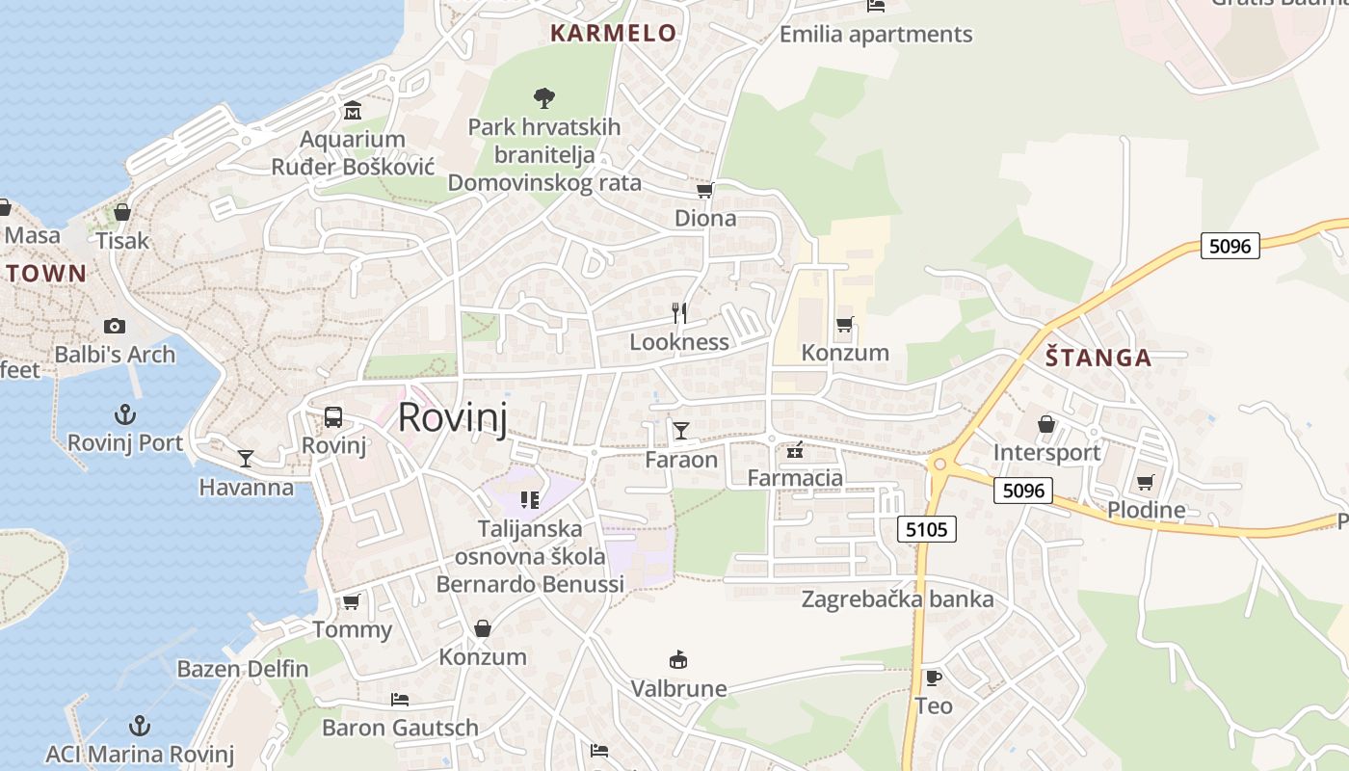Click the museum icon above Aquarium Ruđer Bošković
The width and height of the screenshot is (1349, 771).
pos(353,110)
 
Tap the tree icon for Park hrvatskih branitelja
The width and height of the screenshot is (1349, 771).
pos(543,96)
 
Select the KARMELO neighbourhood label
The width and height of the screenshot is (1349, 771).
pos(613,33)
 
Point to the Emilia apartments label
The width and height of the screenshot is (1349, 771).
pos(876,35)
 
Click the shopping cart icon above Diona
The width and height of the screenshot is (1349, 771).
pos(705,190)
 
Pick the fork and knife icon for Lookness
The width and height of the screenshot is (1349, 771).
pos(679,312)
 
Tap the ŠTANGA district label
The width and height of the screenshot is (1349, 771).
pos(1098,359)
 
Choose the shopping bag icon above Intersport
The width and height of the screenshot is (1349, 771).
pos(1046,424)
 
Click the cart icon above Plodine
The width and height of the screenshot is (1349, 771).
pos(1145,482)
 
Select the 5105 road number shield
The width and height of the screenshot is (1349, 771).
pos(927,528)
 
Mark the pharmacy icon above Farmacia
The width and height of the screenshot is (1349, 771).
pos(795,449)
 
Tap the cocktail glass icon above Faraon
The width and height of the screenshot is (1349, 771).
pos(681,430)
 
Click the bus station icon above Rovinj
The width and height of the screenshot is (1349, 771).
pos(333,417)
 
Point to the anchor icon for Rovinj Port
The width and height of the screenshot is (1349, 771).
pos(125,414)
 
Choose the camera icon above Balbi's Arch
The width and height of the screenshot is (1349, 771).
pos(115,326)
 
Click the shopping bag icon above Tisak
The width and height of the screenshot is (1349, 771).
pos(122,212)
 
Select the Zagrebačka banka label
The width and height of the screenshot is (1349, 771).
pos(897,599)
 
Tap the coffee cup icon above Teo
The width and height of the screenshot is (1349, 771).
pos(933,677)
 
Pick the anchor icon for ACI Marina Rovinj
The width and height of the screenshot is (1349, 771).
pos(140,725)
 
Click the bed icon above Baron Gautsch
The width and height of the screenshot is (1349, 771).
pos(400,699)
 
